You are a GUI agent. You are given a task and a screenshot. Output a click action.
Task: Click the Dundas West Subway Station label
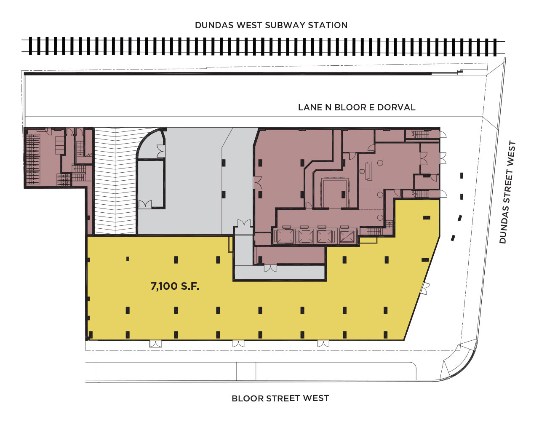coord(271,25)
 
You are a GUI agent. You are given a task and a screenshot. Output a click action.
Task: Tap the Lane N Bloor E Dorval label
coord(357,107)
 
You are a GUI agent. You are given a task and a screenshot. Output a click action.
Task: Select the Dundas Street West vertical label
coord(508,192)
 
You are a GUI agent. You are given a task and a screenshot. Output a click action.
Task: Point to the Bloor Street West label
coord(280,398)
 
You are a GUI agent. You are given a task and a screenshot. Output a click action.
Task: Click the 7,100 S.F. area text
coord(175,286)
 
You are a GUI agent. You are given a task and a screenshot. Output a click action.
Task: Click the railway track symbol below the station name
coord(263,46)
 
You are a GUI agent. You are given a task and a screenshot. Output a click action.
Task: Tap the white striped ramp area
coord(115,181)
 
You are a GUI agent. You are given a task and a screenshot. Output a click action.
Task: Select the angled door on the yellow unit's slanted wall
coord(426,288)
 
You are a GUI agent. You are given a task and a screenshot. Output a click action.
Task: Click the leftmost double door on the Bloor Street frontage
coord(155,344)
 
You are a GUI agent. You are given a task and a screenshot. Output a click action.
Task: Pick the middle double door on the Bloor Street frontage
coord(238,344)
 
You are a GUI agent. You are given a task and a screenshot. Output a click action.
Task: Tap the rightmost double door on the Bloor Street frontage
coord(323,344)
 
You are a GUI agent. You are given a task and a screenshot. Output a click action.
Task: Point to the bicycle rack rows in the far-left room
coord(33,160)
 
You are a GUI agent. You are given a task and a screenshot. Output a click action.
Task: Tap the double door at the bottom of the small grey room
coord(145,204)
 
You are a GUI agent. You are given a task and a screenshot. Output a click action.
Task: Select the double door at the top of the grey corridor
coord(244,223)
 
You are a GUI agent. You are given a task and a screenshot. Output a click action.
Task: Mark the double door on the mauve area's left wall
coord(257,182)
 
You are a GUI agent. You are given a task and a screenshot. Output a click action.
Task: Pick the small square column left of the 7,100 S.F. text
coord(128,259)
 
